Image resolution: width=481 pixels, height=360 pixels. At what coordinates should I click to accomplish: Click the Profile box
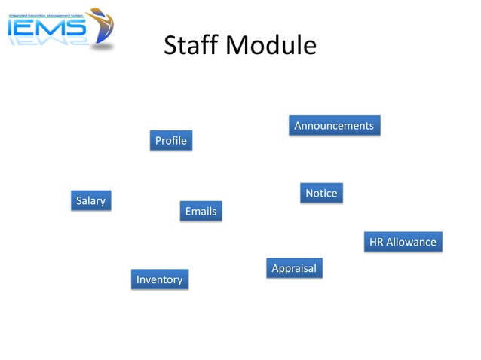(170, 141)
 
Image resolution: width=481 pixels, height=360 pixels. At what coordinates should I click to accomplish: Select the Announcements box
(334, 126)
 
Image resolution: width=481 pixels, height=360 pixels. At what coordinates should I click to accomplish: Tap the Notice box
(321, 194)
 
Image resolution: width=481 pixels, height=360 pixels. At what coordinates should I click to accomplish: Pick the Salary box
(90, 200)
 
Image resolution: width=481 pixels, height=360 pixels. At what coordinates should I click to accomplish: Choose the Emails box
(201, 212)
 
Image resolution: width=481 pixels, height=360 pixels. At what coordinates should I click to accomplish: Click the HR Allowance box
(403, 242)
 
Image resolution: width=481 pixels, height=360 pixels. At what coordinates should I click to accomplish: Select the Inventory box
(159, 279)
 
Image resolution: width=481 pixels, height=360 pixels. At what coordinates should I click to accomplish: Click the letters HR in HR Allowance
(376, 242)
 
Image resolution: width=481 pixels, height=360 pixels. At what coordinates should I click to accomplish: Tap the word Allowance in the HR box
(412, 242)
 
